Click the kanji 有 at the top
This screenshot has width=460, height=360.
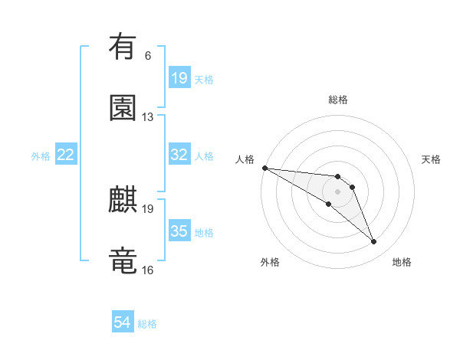[123, 47]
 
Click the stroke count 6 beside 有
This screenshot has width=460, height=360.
[148, 56]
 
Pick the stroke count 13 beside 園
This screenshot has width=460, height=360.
[148, 117]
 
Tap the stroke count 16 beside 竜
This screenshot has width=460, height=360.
[148, 270]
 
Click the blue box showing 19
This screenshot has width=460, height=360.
[179, 78]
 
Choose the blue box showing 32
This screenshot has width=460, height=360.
[179, 155]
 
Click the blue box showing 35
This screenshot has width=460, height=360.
[179, 231]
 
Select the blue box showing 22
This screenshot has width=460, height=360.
[66, 155]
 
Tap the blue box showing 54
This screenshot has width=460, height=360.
[123, 322]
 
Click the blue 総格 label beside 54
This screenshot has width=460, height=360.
[147, 324]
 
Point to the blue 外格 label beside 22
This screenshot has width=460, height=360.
[41, 156]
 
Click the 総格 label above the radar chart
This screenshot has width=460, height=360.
[337, 100]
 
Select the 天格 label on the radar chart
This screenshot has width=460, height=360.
[432, 159]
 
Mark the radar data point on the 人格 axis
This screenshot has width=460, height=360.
[264, 168]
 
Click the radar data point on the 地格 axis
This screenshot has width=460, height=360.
[374, 242]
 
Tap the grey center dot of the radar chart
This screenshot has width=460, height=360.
[337, 191]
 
